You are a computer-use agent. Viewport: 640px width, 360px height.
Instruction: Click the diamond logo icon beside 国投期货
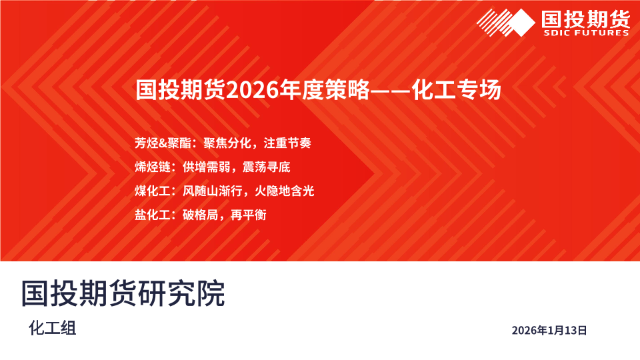coord(506,23)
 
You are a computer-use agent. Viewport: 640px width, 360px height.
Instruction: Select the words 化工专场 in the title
coord(456,90)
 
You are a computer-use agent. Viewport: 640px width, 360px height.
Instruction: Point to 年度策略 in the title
coord(325,90)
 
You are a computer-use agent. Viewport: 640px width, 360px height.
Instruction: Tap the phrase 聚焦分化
coord(227,143)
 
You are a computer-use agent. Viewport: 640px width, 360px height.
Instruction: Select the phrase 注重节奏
coord(287,143)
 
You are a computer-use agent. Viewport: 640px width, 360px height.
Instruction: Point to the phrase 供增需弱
coord(207,167)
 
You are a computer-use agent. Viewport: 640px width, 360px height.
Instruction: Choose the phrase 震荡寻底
coord(267,167)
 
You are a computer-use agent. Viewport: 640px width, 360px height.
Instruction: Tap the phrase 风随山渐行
coord(212,191)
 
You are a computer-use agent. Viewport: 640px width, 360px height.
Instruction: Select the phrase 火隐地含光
coord(285,191)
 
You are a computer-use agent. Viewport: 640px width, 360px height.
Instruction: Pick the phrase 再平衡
coord(249,215)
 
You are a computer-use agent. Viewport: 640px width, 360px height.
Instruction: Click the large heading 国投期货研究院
coord(123,293)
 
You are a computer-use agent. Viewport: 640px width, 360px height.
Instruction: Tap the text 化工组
coord(52,328)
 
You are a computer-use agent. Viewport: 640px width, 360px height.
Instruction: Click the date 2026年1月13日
coord(549,330)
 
